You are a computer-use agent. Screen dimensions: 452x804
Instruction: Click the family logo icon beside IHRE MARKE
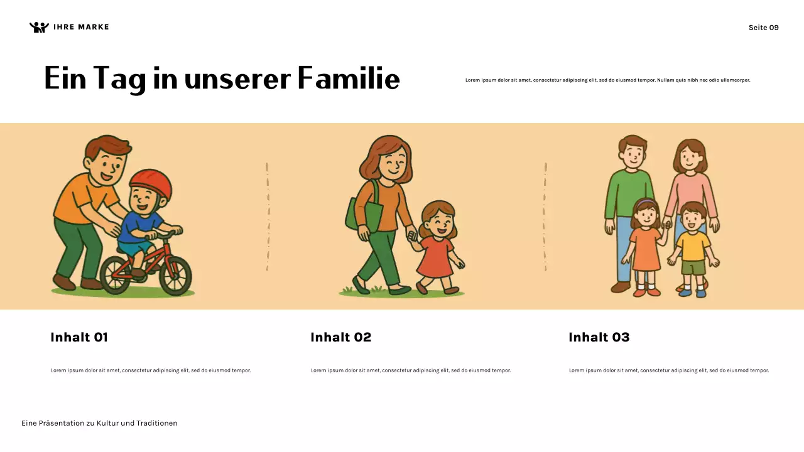click(39, 27)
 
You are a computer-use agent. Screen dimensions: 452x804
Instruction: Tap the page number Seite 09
click(763, 28)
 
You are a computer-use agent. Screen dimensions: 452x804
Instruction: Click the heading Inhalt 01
click(79, 337)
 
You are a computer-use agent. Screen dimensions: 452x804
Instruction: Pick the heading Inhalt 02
click(340, 337)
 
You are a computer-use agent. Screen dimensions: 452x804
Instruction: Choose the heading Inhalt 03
click(599, 337)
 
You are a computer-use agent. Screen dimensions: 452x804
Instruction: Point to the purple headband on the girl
click(644, 202)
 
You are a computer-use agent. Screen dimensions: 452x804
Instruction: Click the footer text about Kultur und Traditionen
click(99, 423)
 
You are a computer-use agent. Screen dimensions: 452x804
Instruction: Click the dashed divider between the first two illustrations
click(268, 217)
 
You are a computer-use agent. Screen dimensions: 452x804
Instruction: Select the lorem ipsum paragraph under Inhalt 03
click(669, 370)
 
